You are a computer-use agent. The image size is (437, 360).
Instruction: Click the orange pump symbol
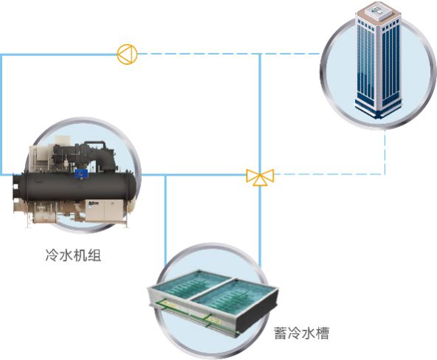[x=127, y=54]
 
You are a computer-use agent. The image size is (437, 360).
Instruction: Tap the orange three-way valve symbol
[x=260, y=176]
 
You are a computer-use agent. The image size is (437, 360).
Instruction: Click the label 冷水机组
[x=73, y=255]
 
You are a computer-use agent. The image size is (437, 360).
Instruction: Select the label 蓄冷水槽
[x=301, y=333]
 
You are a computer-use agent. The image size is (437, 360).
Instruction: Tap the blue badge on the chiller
[x=81, y=173]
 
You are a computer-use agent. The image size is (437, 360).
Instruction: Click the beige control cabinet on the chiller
[x=104, y=210]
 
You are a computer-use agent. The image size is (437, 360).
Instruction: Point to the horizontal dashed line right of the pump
[x=229, y=54]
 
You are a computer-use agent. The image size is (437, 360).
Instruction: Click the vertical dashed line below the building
[x=385, y=152]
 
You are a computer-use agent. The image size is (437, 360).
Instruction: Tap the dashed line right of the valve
[x=329, y=174]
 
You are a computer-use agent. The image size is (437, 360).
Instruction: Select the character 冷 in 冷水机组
[x=52, y=255]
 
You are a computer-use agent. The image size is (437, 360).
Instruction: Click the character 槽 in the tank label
[x=323, y=333]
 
